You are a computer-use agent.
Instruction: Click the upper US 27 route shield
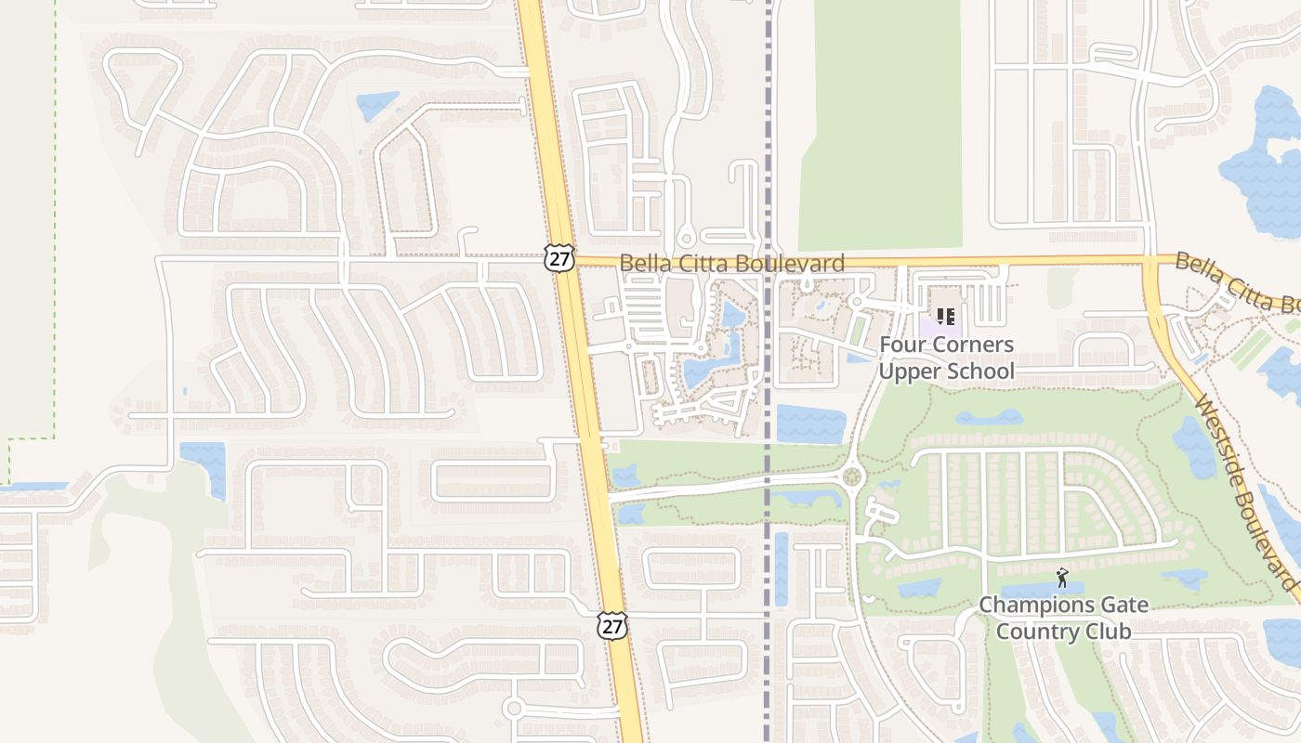559,259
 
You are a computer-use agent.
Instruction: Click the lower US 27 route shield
611,626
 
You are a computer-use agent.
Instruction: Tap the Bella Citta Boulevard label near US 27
731,264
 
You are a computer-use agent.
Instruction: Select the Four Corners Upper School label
946,358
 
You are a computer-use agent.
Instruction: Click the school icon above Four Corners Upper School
946,317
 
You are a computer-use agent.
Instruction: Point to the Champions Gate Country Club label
1063,619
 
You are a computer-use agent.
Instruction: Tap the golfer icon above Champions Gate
1063,578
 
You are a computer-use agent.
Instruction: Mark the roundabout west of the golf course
851,477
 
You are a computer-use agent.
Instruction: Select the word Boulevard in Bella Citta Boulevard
792,264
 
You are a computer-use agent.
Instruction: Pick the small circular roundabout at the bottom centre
513,709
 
